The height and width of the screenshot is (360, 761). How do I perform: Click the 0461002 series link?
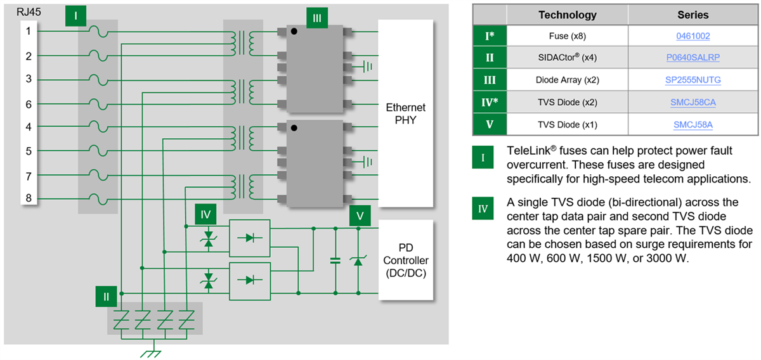[693, 35]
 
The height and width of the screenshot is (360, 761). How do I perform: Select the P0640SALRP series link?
[693, 58]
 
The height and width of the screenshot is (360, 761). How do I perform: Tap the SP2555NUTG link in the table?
[693, 80]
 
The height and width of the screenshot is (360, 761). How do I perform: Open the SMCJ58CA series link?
[693, 102]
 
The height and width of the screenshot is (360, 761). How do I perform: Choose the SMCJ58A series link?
[693, 125]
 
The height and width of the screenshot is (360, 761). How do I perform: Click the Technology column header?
[567, 15]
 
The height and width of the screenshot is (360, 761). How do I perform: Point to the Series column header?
[693, 15]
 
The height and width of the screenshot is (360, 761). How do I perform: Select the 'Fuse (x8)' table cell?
[567, 36]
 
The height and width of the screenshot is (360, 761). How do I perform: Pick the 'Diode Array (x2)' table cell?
[567, 80]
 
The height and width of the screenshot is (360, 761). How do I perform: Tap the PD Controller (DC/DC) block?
[405, 260]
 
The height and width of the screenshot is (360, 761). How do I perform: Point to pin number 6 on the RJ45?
[29, 103]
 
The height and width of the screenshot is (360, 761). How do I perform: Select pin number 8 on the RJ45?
[29, 198]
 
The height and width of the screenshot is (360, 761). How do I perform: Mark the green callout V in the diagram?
[360, 215]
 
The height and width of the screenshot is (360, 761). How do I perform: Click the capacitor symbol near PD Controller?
[335, 260]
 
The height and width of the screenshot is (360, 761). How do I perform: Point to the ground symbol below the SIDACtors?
[150, 352]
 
